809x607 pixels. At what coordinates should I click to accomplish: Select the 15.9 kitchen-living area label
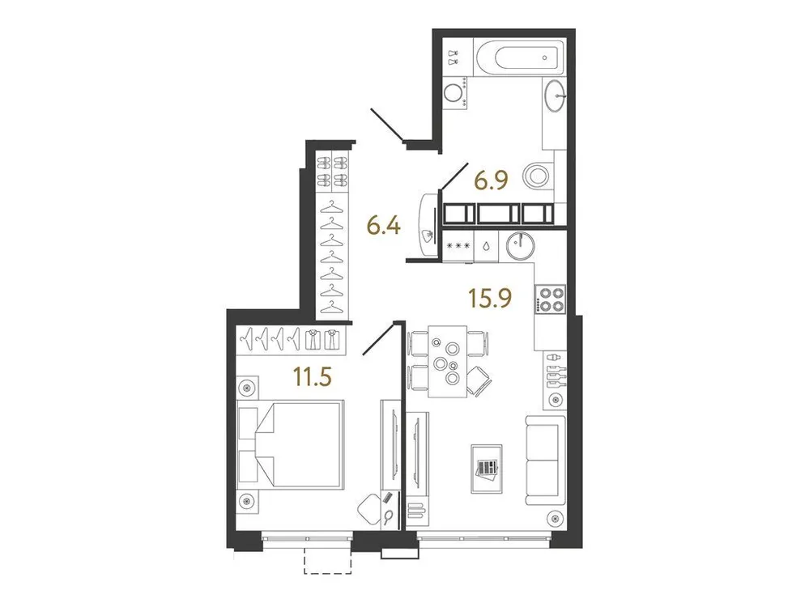(488, 299)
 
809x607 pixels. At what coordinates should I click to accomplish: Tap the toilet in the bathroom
(538, 174)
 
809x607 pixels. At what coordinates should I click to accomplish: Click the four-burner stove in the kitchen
(551, 299)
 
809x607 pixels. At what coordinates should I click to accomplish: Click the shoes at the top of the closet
(332, 171)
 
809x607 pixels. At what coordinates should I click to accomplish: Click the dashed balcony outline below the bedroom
(327, 561)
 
